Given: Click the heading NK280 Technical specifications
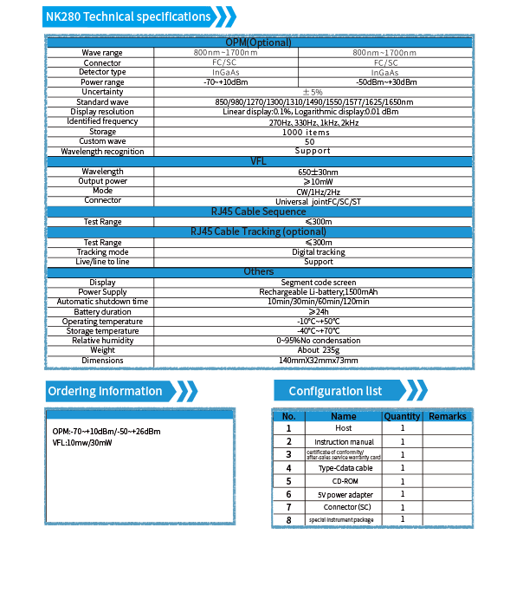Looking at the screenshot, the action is coord(128,16).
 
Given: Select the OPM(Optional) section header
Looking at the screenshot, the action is coord(259,42).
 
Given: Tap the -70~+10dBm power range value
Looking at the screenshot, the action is coord(226,82).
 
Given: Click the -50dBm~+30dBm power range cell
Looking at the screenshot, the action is coord(386,82).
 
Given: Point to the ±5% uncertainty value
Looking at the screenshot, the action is coord(313,92).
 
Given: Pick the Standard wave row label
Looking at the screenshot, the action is coord(102,102).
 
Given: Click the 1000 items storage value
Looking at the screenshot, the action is coord(307,133).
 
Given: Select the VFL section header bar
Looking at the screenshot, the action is coord(259,161).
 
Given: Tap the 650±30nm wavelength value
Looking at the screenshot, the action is coord(319,173).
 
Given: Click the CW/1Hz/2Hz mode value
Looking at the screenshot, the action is coord(319,192).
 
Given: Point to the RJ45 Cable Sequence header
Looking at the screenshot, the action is coord(259,212).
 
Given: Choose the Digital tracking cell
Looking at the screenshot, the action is coord(319,252).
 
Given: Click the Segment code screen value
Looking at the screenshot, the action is coord(319,283).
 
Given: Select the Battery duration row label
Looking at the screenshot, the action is coord(102,312).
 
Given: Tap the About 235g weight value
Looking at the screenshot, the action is coord(319,350).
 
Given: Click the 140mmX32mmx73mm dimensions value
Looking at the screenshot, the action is coord(319,361).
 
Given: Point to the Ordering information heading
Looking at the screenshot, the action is coord(105,391).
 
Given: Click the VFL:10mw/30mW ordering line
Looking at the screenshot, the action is coord(82,443).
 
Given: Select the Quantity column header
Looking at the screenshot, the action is coord(402,416).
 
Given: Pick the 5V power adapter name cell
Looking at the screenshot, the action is coord(345,495).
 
